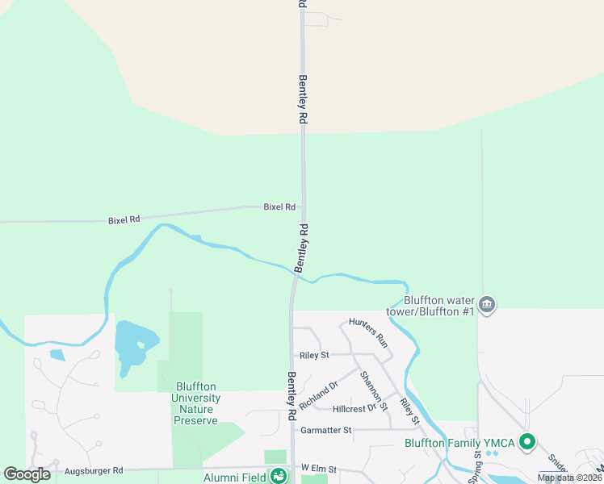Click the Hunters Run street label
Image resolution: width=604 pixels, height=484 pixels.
click(x=368, y=332)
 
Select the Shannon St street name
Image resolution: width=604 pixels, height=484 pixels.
click(x=374, y=390)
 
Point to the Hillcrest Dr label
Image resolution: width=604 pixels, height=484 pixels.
click(x=354, y=408)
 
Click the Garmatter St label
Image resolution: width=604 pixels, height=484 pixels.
click(x=326, y=430)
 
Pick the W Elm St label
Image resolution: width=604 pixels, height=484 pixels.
click(x=317, y=468)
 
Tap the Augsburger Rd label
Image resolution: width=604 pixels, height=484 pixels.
click(x=94, y=469)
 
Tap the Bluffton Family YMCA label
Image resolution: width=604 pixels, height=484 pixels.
click(x=460, y=443)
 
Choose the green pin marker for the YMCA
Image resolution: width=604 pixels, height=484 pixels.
click(x=527, y=442)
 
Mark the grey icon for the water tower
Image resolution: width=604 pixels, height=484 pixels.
click(x=486, y=304)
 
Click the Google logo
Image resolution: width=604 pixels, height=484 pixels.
click(x=27, y=474)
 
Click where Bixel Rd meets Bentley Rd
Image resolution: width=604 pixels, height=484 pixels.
click(x=303, y=206)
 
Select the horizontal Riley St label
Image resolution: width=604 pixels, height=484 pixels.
click(x=314, y=354)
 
